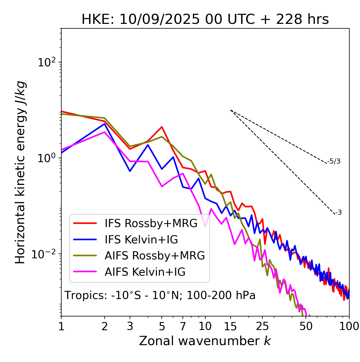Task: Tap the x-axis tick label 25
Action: [262, 326]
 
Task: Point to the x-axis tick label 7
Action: [183, 326]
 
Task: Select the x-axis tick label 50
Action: [306, 326]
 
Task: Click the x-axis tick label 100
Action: [349, 326]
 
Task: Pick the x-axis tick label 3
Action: [130, 326]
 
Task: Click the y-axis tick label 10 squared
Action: [46, 62]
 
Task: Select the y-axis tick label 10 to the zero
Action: [46, 158]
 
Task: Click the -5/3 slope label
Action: [334, 161]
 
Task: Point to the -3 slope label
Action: [338, 213]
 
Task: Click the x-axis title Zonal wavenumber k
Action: [205, 341]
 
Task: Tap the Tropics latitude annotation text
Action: [160, 295]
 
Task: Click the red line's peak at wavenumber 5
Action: [162, 127]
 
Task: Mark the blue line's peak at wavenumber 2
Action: [105, 124]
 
